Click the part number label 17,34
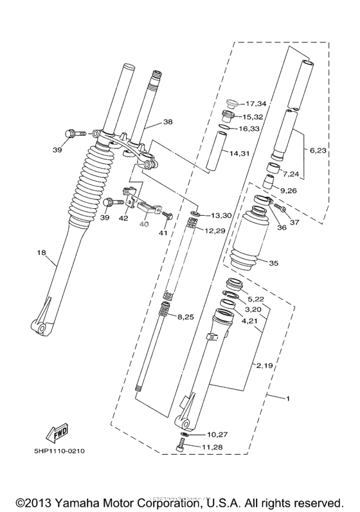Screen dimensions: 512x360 tap(255, 103)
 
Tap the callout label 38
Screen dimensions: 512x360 tap(167, 121)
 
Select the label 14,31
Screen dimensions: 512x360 tap(240, 153)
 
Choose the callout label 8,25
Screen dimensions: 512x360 tap(186, 317)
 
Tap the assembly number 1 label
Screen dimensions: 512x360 tap(287, 399)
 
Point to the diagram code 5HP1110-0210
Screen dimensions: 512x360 tap(56, 450)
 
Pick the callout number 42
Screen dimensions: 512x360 tap(124, 218)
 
